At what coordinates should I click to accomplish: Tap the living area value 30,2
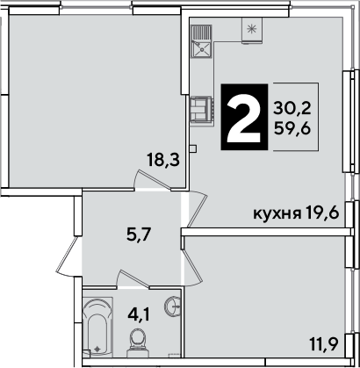coord(292,109)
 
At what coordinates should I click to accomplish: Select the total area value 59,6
coord(292,128)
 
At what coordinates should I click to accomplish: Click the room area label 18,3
coord(163,161)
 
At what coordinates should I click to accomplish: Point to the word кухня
coord(277,214)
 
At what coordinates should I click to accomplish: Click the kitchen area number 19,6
coord(322,213)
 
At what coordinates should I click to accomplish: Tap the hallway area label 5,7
coord(139,235)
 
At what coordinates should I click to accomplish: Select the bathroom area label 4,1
coord(138,314)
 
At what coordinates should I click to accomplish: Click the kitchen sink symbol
coord(201,42)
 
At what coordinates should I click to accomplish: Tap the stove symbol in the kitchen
coord(202,109)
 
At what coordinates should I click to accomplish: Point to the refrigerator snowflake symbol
coord(251,29)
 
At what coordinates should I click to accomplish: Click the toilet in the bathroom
coord(137,343)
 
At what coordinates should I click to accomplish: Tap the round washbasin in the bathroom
coord(173,307)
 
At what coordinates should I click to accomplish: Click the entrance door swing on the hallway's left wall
coord(68,256)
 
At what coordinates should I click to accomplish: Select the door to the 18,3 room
coord(152,180)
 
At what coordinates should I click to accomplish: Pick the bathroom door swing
coord(133,278)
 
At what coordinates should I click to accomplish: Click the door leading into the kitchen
coord(198,209)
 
